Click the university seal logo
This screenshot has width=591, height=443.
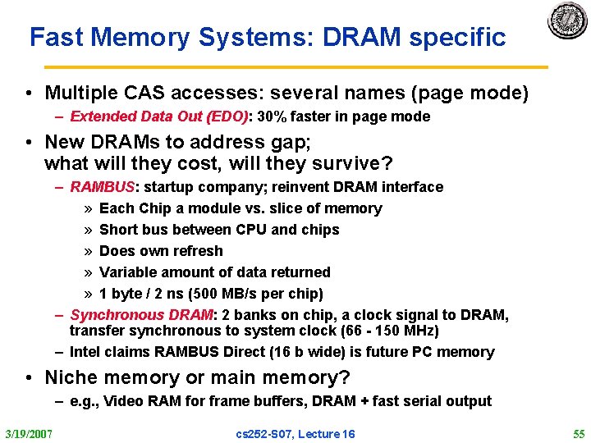point(567,21)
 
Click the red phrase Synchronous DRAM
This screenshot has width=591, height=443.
point(140,315)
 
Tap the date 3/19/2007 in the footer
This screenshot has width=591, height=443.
point(28,433)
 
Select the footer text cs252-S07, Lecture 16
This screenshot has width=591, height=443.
point(295,433)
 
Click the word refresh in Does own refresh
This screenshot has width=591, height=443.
point(196,251)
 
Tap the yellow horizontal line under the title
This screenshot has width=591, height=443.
point(295,67)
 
